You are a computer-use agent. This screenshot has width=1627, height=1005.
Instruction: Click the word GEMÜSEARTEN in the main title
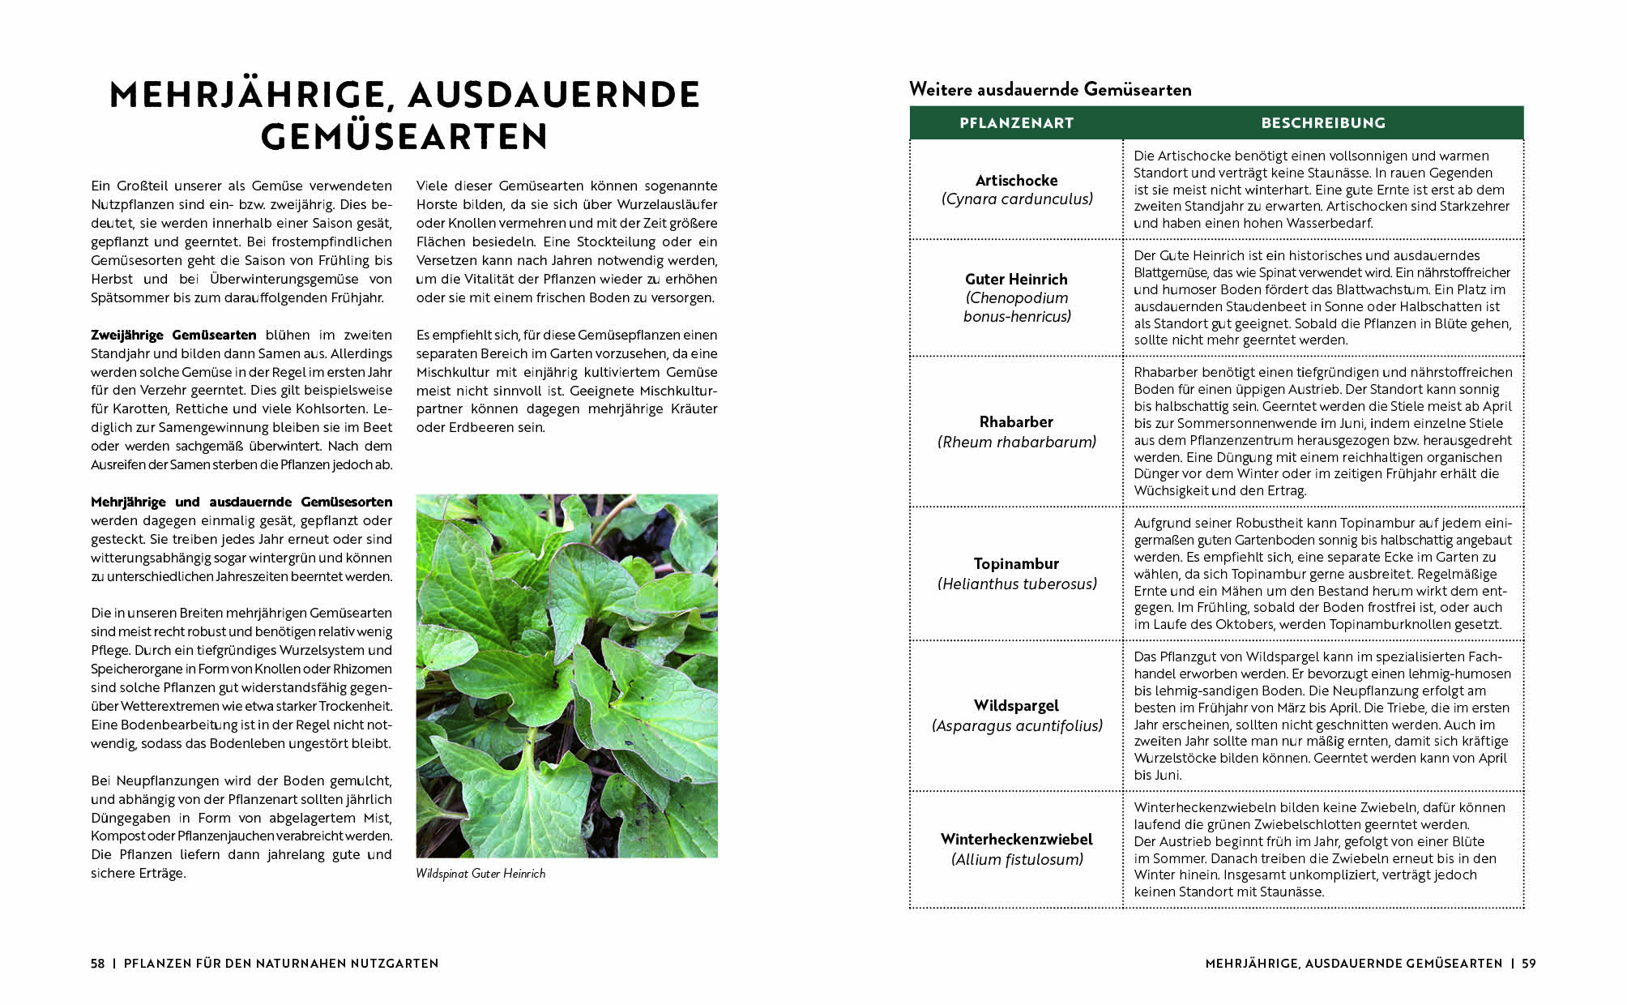[404, 136]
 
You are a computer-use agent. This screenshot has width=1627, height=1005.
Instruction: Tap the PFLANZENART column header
[1016, 123]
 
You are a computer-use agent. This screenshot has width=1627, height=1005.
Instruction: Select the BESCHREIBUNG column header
[1323, 123]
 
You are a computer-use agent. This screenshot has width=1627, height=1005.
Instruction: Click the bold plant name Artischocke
[1016, 180]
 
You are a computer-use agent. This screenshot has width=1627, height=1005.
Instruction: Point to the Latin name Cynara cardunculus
[1017, 199]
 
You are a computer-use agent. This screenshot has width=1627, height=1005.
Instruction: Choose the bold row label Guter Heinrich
[1016, 279]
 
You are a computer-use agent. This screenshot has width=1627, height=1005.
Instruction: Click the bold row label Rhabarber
[1016, 421]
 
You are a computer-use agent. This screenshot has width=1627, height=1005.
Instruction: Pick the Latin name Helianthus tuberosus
[1017, 584]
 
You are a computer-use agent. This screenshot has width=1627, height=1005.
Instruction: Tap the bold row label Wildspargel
[1016, 705]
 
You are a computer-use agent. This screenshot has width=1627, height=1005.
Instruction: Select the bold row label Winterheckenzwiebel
[1016, 839]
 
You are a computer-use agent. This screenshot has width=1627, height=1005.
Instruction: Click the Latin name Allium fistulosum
[1017, 859]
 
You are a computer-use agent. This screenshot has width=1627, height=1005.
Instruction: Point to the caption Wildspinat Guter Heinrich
[480, 874]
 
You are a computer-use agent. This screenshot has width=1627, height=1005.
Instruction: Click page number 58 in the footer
[98, 964]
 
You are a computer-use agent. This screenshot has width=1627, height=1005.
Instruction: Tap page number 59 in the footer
[1528, 964]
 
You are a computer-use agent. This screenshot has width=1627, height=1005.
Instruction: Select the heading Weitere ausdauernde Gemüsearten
[1050, 89]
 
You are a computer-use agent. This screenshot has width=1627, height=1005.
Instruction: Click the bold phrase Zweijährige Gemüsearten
[173, 335]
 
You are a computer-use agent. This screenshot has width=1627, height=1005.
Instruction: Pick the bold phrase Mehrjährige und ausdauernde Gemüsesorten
[241, 502]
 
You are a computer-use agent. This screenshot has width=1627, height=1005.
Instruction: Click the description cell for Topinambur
[1322, 574]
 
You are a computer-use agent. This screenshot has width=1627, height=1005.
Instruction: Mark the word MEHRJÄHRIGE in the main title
[246, 95]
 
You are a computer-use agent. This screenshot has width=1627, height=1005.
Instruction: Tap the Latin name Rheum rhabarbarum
[1017, 442]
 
